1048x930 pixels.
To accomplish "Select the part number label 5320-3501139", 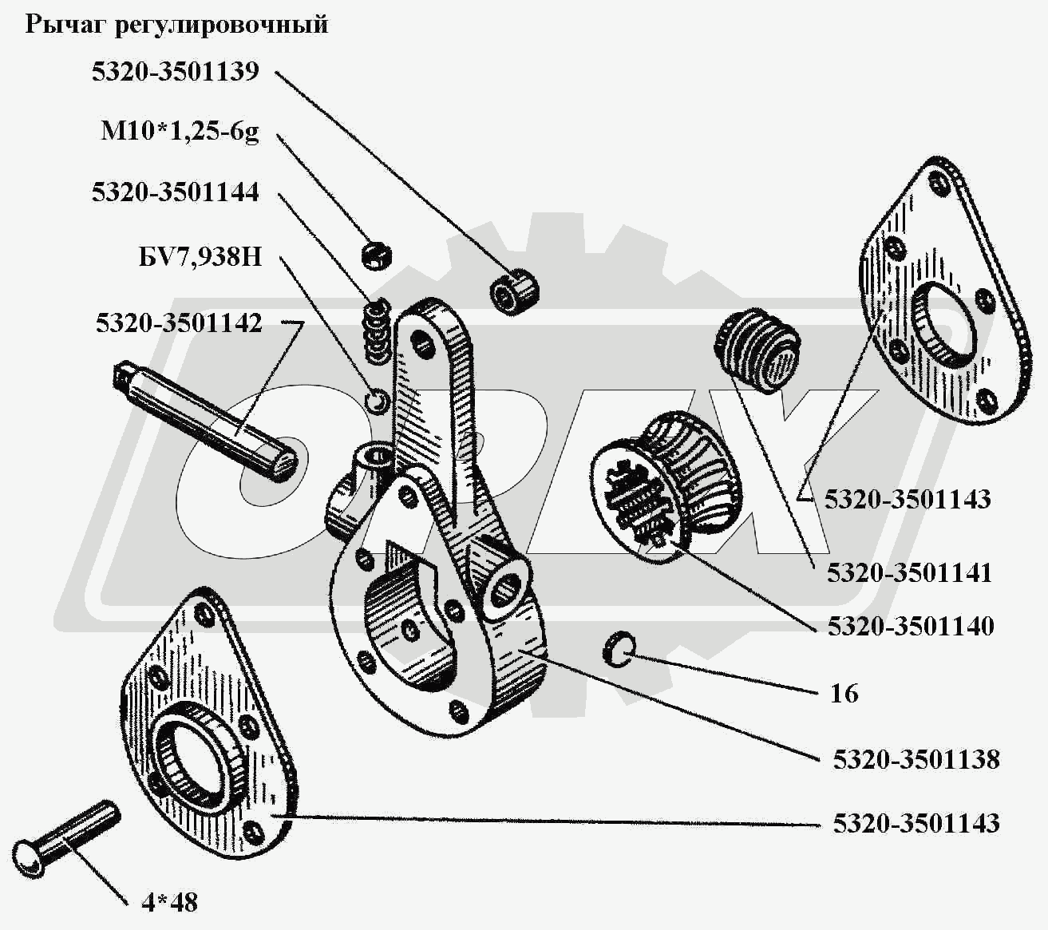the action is click(x=176, y=72).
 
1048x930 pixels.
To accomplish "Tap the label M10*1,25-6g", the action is click(x=180, y=133).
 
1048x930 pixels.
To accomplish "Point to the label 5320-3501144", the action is click(x=176, y=192).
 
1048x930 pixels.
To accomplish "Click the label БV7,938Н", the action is click(x=200, y=257).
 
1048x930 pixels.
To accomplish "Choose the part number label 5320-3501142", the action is click(x=179, y=323).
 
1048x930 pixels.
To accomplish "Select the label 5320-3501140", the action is click(x=911, y=626).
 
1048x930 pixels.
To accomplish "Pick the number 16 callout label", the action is click(x=844, y=694).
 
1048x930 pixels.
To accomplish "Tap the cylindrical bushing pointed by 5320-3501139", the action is click(x=515, y=291).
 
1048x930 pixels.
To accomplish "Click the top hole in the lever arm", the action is click(x=421, y=343).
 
